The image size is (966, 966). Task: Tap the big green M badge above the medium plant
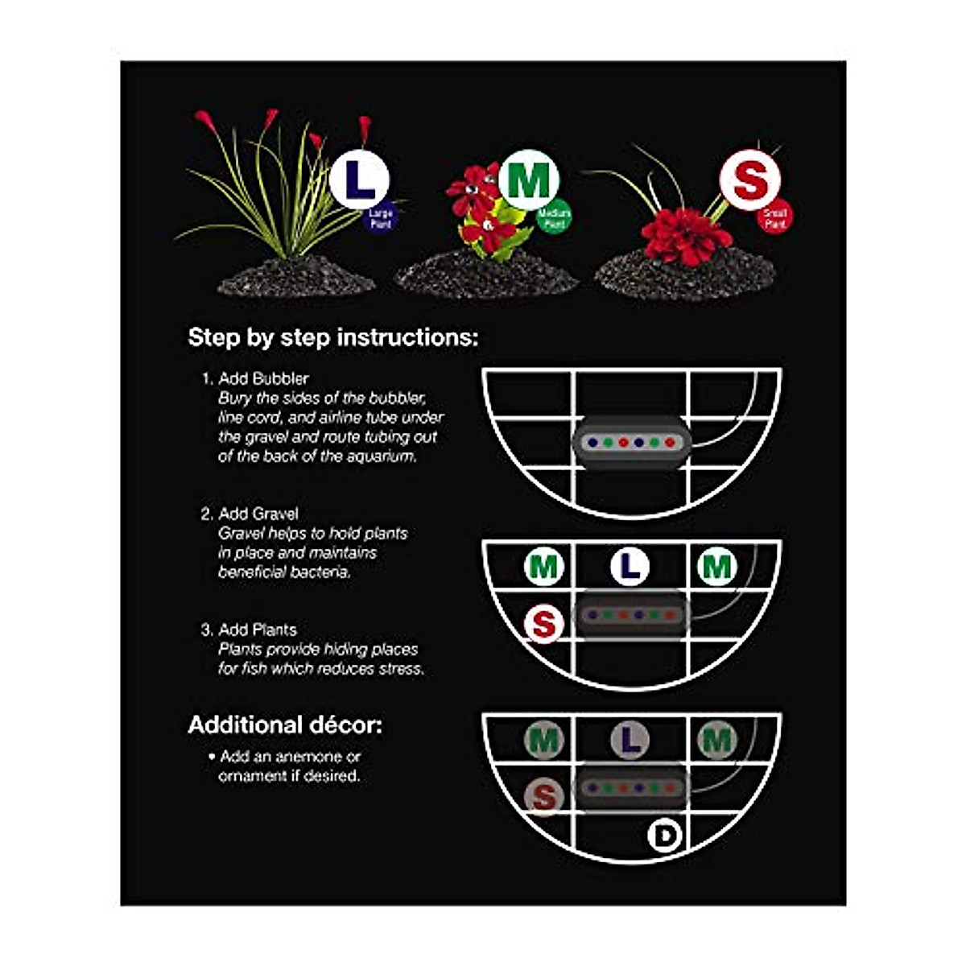click(x=528, y=182)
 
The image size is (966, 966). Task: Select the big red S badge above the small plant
click(x=749, y=180)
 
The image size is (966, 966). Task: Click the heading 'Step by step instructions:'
click(x=332, y=337)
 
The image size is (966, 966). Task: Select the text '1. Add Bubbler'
click(x=255, y=378)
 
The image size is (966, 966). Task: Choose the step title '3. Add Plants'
click(x=249, y=630)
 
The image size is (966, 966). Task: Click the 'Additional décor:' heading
click(x=285, y=725)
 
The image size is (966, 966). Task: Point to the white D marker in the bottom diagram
click(x=664, y=836)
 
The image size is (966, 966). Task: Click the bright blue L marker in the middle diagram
click(x=630, y=567)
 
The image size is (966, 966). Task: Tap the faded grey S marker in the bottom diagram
click(x=544, y=797)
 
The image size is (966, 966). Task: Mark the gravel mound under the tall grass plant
click(x=296, y=278)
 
